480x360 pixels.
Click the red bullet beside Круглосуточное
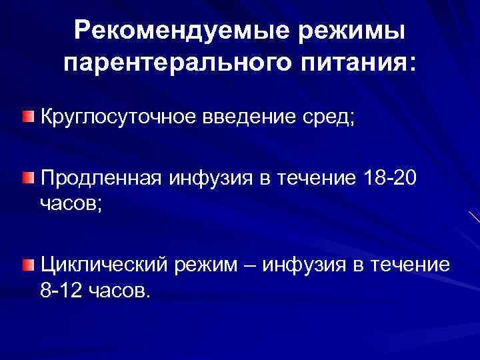coord(27,118)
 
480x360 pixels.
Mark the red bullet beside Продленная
coord(27,177)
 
